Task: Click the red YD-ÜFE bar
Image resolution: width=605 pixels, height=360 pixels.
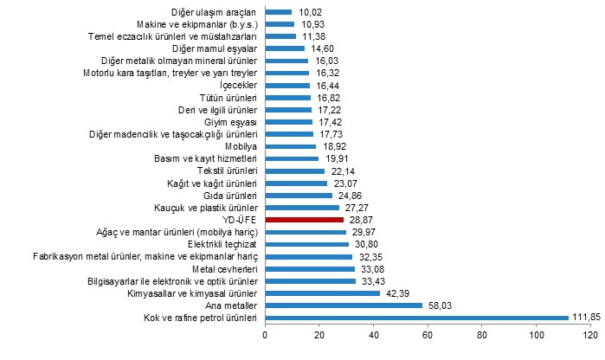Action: [x=304, y=220]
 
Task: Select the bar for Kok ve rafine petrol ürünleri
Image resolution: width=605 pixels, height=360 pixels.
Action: [x=416, y=318]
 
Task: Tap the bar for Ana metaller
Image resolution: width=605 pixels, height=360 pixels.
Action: [x=344, y=305]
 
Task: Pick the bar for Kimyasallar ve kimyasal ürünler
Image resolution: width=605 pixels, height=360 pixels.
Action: [x=322, y=293]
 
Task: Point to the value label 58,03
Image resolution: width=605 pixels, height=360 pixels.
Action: [x=441, y=305]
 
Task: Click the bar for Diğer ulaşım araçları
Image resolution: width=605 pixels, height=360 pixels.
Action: [x=278, y=12]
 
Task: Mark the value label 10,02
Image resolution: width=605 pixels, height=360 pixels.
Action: [x=310, y=12]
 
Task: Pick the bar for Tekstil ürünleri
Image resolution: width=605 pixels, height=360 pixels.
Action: [x=294, y=171]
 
